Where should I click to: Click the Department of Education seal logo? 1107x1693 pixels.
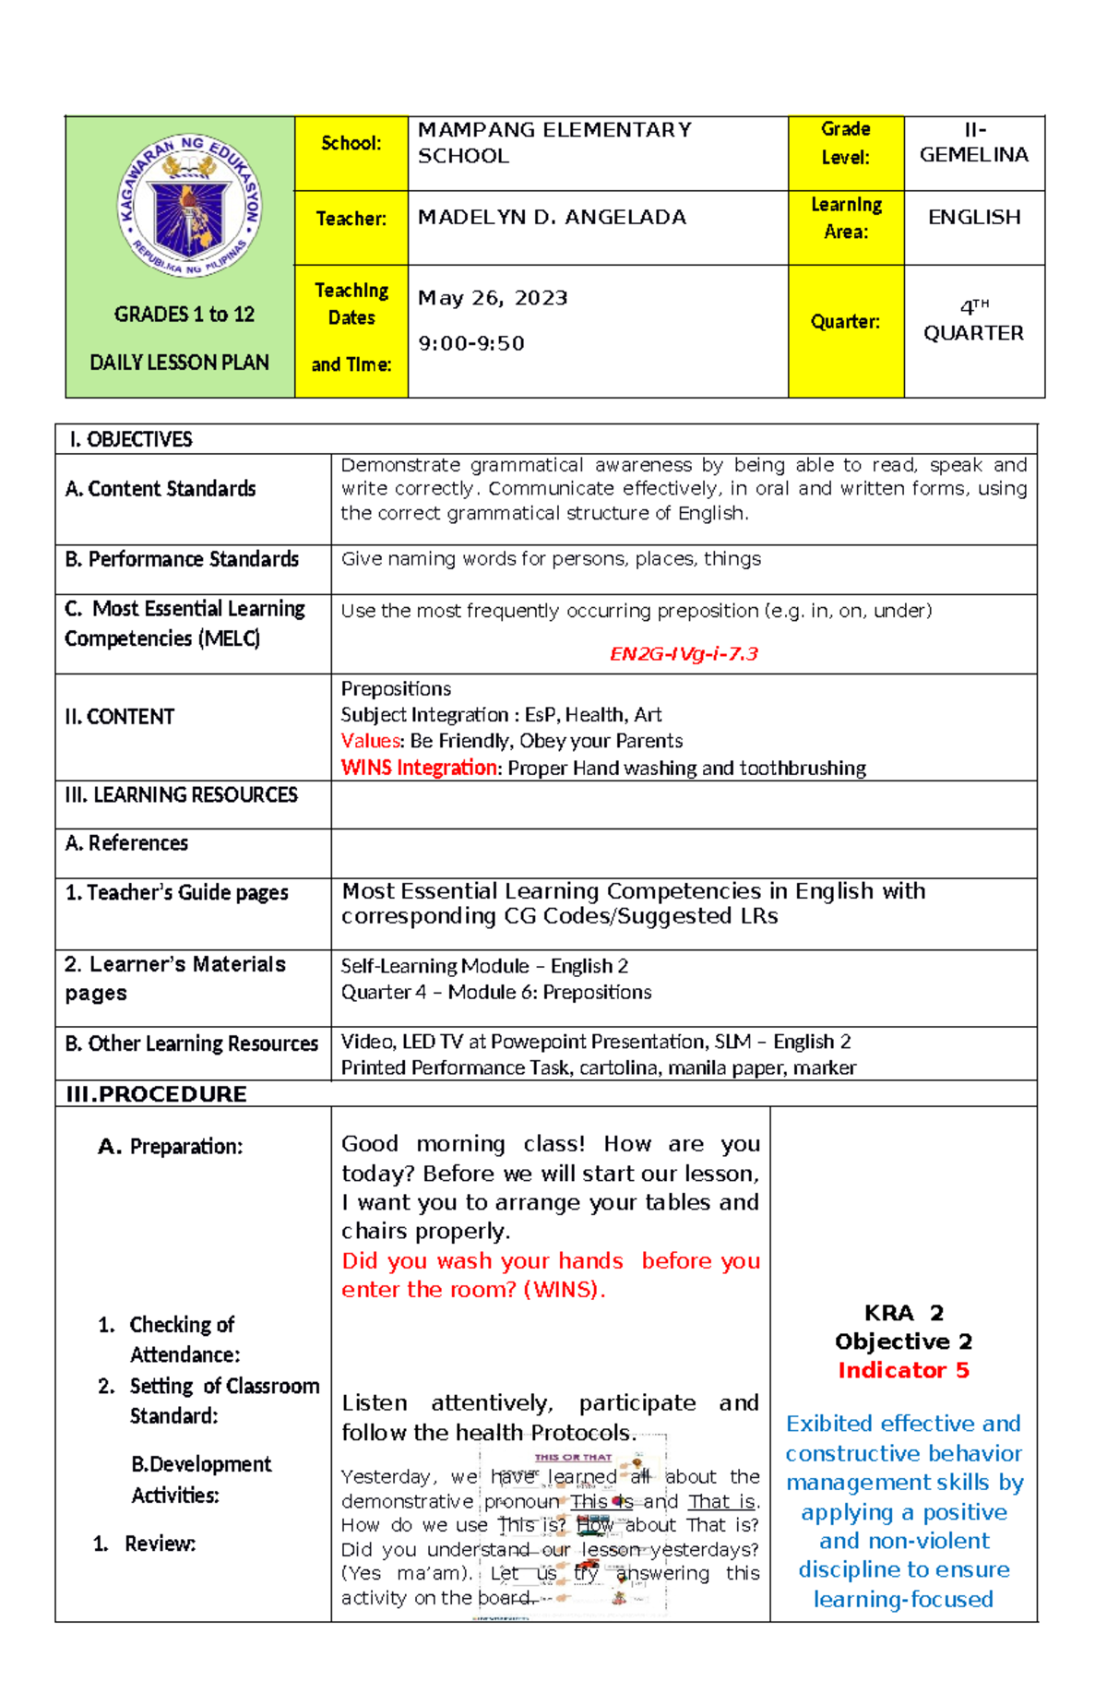click(x=189, y=205)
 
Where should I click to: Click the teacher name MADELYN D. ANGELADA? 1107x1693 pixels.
click(x=552, y=218)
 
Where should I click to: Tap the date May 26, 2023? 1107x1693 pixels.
click(x=493, y=298)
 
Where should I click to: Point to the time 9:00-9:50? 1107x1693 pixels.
click(x=471, y=343)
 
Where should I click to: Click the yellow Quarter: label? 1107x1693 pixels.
click(x=845, y=322)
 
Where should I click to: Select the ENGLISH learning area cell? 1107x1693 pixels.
click(x=974, y=218)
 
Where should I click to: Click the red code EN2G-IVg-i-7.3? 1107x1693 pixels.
click(x=684, y=654)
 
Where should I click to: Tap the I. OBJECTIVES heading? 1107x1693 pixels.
click(x=131, y=439)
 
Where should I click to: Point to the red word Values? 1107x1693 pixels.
click(x=371, y=741)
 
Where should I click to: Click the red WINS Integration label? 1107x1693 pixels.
click(x=419, y=768)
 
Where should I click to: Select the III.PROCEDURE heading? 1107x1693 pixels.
click(x=157, y=1094)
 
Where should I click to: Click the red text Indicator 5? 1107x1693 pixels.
click(x=903, y=1370)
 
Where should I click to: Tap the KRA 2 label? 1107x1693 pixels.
click(x=903, y=1313)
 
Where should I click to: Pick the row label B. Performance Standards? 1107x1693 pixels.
click(x=182, y=559)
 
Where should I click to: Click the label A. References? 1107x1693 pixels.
click(x=126, y=843)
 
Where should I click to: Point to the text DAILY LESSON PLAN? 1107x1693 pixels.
click(x=180, y=363)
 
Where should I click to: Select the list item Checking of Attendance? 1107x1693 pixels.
click(x=183, y=1340)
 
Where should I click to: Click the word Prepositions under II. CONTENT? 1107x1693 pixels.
click(x=396, y=689)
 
